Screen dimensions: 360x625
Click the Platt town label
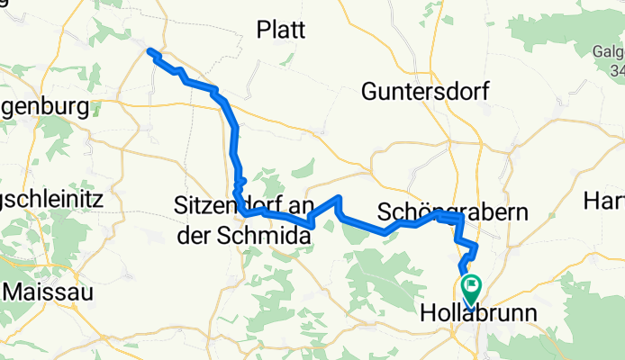click(281, 30)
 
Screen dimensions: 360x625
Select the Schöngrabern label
click(453, 212)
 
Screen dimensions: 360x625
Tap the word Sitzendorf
click(225, 210)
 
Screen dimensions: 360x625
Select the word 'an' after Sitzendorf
click(292, 210)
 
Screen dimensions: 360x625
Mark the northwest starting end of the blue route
click(150, 51)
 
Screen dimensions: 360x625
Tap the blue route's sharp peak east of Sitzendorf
click(338, 197)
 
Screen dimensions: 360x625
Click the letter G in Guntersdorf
click(370, 91)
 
